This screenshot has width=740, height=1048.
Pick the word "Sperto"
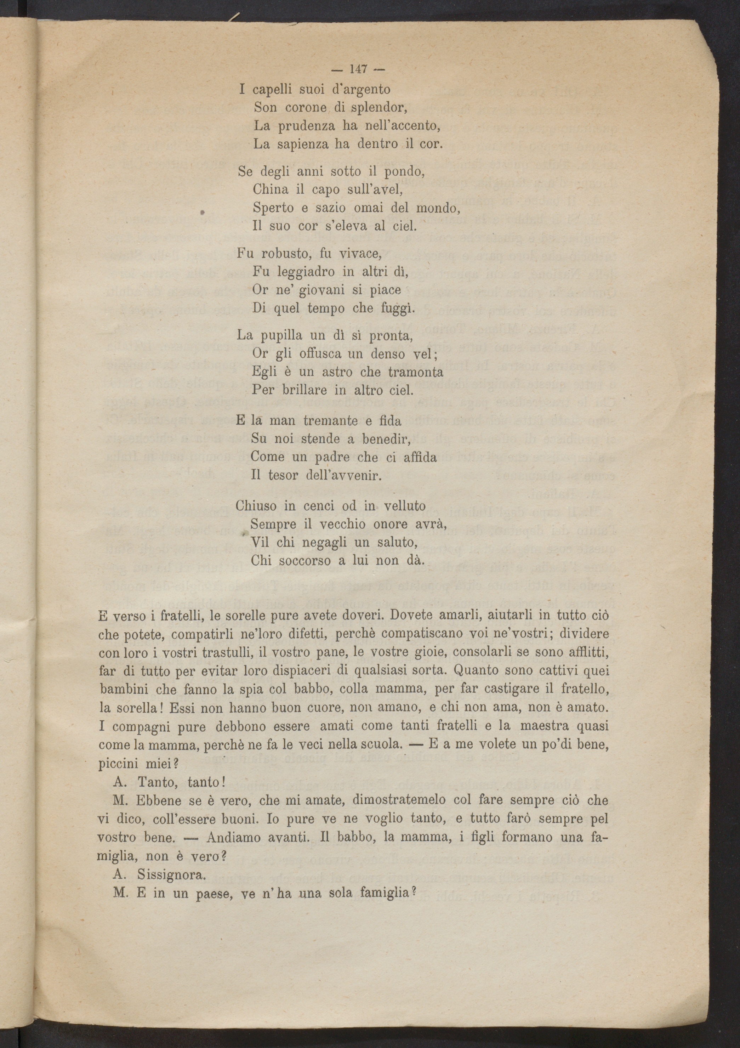click(x=273, y=208)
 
